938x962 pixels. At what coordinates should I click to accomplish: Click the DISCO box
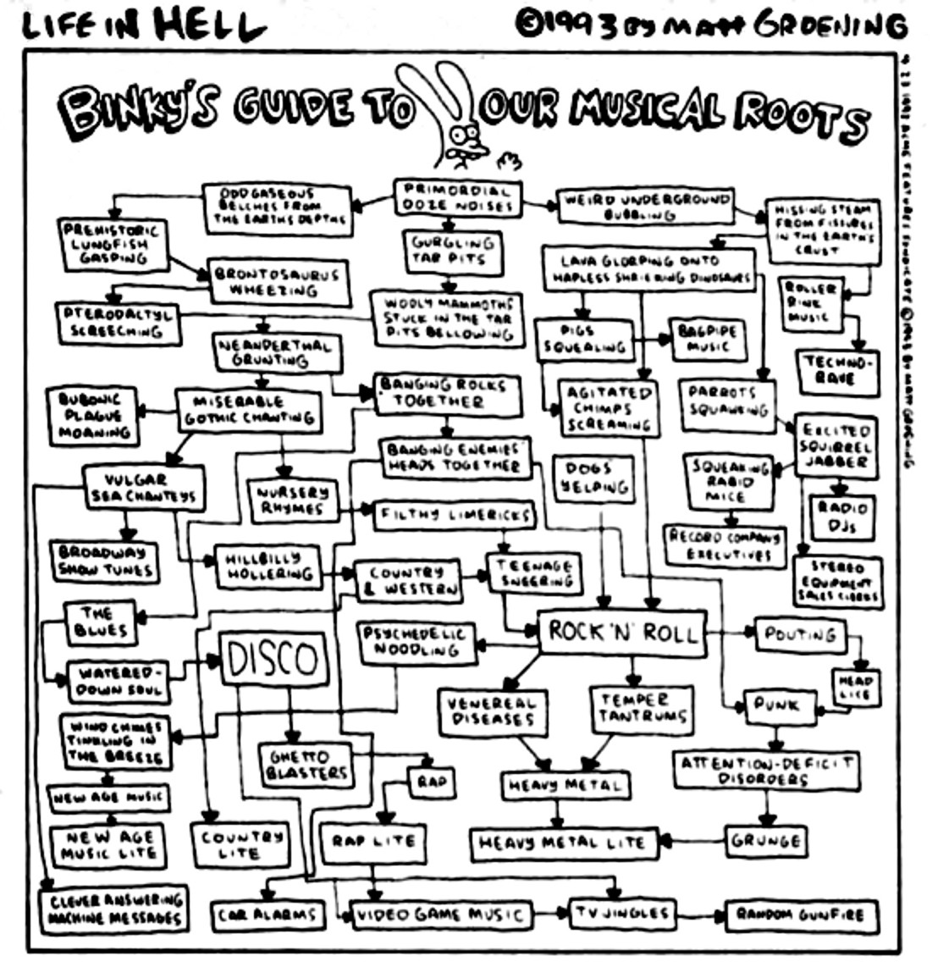point(273,659)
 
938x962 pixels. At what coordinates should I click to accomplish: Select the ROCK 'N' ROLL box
point(622,632)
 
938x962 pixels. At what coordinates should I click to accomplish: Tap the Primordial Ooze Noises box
point(457,196)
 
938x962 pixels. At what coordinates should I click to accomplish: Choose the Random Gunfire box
point(799,915)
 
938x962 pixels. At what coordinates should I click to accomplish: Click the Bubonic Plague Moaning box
point(95,415)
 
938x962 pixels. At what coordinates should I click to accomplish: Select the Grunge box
point(765,841)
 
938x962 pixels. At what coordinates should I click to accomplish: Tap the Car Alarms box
point(267,915)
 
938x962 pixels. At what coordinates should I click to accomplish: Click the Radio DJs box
point(841,517)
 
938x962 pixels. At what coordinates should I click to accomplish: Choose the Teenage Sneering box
point(533,573)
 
